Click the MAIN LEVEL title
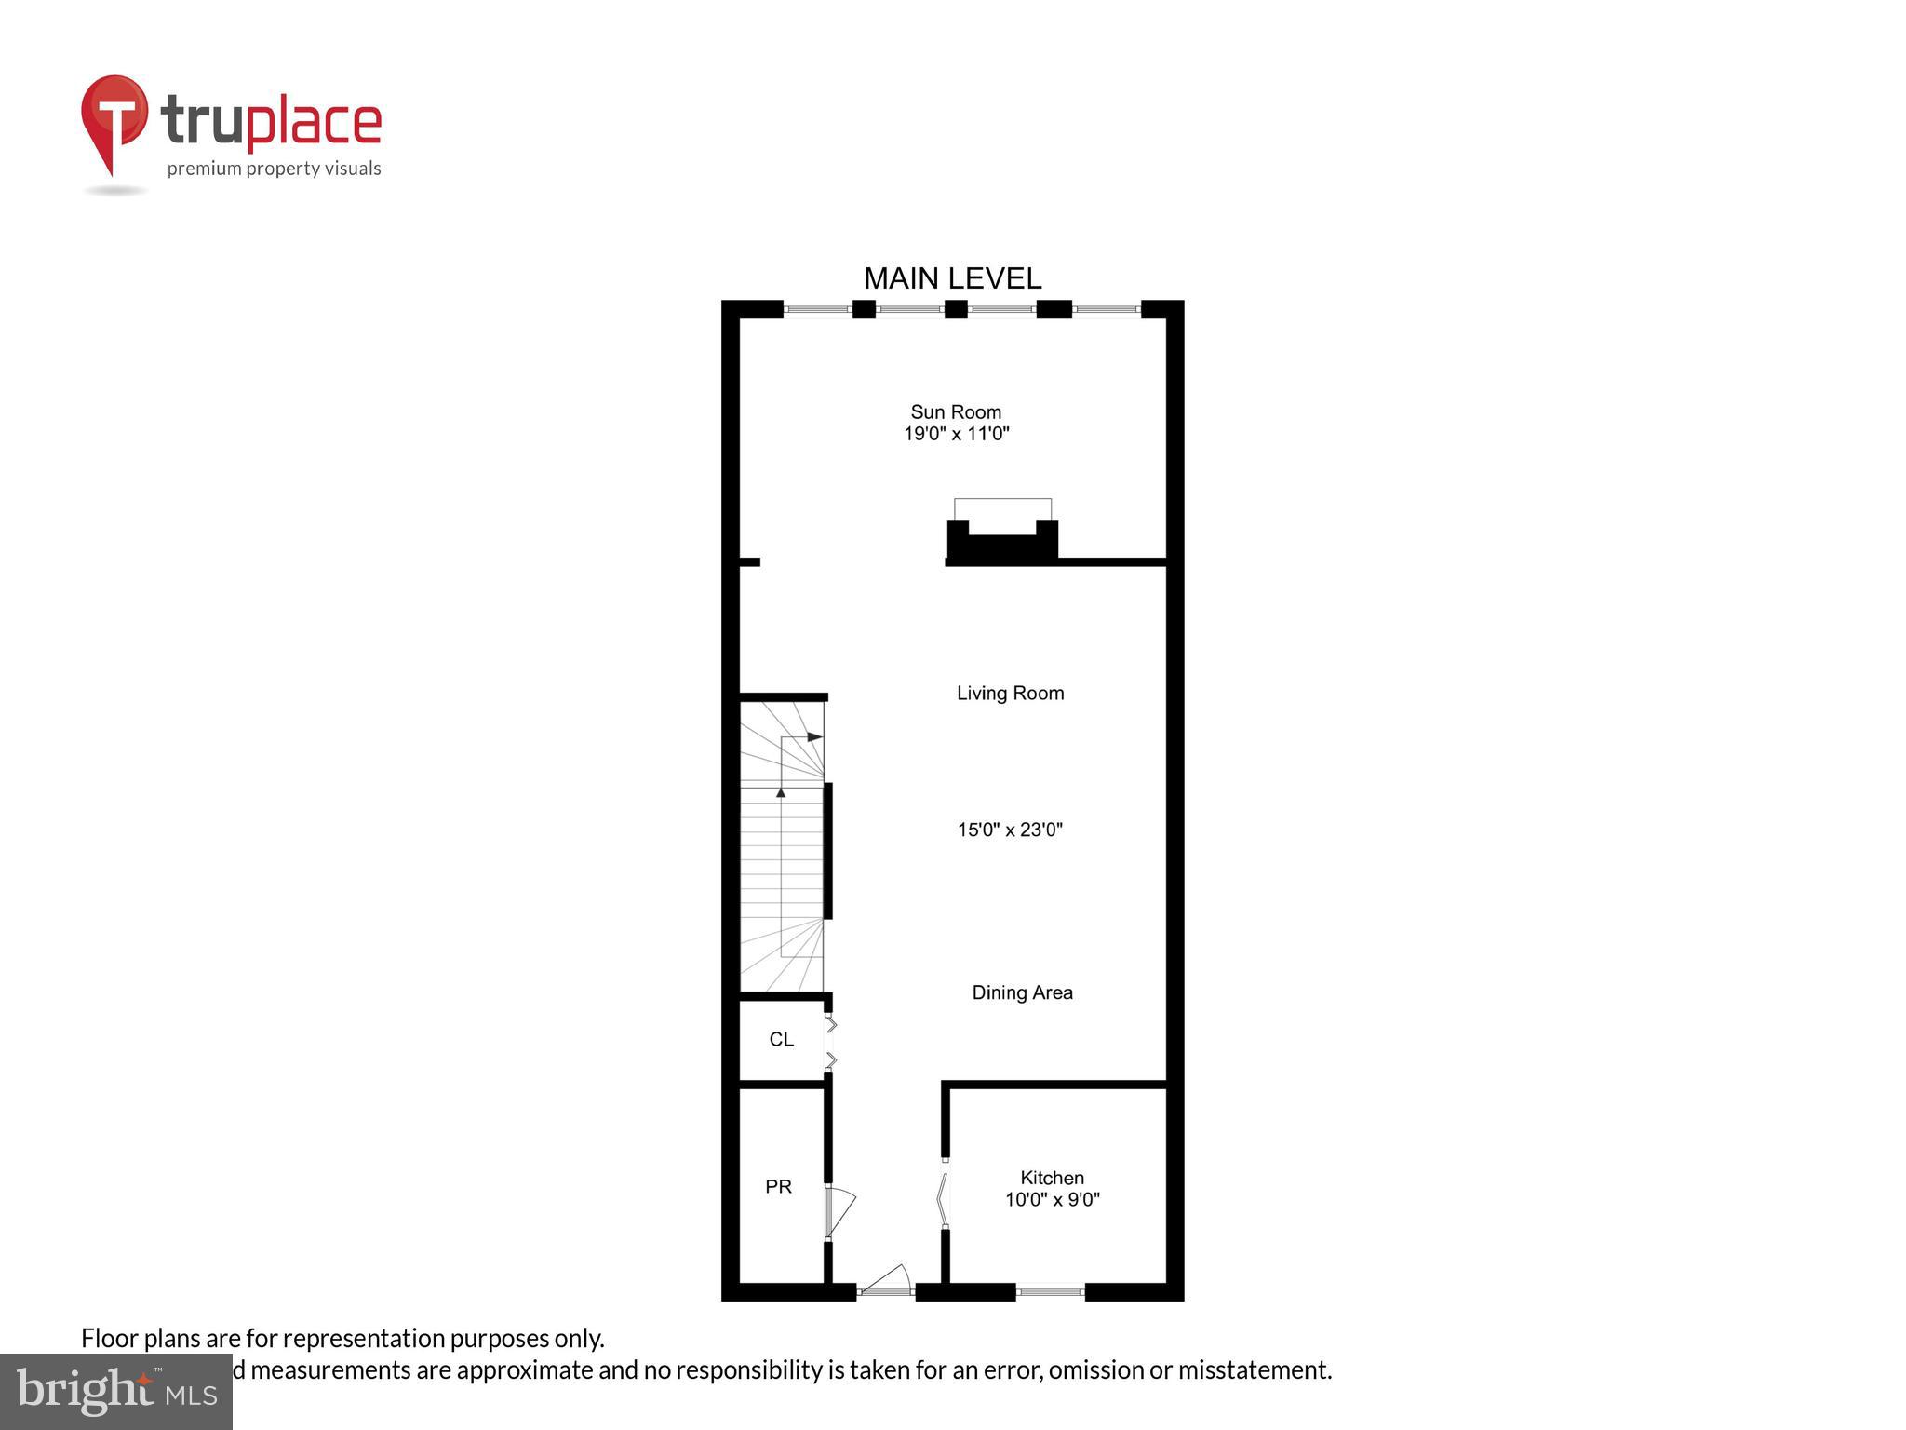coord(952,278)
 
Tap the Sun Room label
coord(956,411)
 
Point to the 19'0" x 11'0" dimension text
coord(956,434)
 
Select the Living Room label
coord(1010,693)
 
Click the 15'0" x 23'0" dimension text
coord(1010,830)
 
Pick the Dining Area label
coord(1022,992)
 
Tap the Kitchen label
coord(1052,1178)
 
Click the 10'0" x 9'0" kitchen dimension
coord(1052,1200)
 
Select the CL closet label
coord(781,1039)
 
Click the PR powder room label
coord(778,1187)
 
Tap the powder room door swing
coord(839,1211)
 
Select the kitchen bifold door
coord(942,1198)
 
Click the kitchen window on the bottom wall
coord(1050,1291)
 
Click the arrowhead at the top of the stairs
coord(814,737)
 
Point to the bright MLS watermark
coord(116,1391)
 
